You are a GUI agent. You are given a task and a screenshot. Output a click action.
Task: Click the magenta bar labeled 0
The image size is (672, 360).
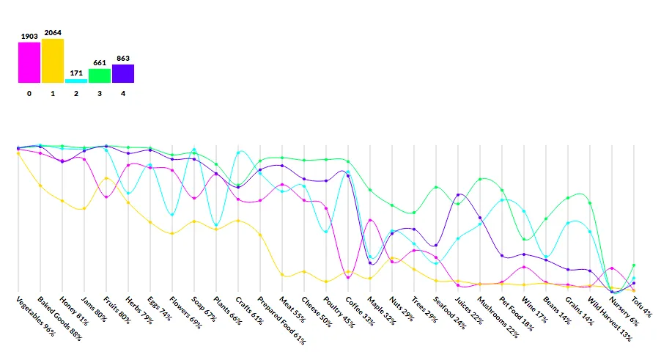pyautogui.click(x=29, y=62)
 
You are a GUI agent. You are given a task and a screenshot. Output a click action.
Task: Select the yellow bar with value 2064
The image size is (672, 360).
pyautogui.click(x=53, y=61)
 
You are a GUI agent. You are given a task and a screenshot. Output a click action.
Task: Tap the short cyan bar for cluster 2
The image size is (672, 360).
pyautogui.click(x=76, y=81)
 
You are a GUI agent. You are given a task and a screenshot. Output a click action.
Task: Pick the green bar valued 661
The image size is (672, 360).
pyautogui.click(x=100, y=76)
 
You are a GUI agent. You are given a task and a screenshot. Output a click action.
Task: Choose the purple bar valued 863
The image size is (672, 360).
pyautogui.click(x=123, y=73)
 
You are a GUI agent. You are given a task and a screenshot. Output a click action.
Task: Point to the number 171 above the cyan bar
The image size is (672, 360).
pyautogui.click(x=76, y=73)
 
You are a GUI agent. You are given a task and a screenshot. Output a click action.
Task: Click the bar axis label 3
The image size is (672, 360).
pyautogui.click(x=100, y=94)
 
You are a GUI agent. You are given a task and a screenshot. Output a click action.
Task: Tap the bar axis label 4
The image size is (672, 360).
pyautogui.click(x=123, y=94)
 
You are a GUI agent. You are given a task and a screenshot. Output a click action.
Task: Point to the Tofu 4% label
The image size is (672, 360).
pyautogui.click(x=641, y=306)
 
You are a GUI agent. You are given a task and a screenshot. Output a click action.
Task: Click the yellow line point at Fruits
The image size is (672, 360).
pyautogui.click(x=106, y=178)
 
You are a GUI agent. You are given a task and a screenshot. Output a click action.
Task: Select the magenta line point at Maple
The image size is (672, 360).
pyautogui.click(x=370, y=220)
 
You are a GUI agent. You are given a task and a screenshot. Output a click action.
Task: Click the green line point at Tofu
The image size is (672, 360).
pyautogui.click(x=634, y=265)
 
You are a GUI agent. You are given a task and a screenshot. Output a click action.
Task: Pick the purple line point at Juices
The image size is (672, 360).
pyautogui.click(x=458, y=195)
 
